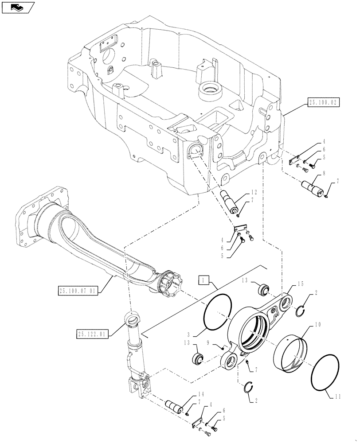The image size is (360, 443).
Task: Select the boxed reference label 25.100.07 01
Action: tap(78, 291)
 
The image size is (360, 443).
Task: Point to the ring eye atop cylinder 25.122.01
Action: tap(132, 319)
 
